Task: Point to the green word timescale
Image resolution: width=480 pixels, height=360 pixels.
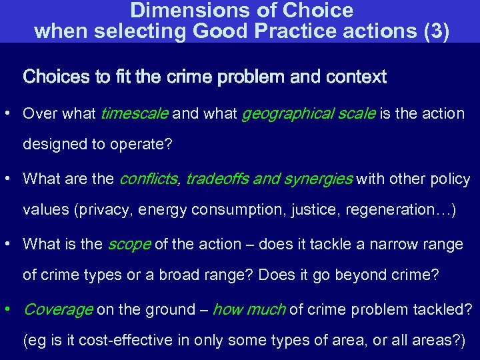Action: (134, 114)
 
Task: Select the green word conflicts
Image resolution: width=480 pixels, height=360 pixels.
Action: (148, 179)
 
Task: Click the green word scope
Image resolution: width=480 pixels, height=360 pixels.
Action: (129, 245)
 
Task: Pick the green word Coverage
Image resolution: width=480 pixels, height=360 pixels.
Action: (58, 310)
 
